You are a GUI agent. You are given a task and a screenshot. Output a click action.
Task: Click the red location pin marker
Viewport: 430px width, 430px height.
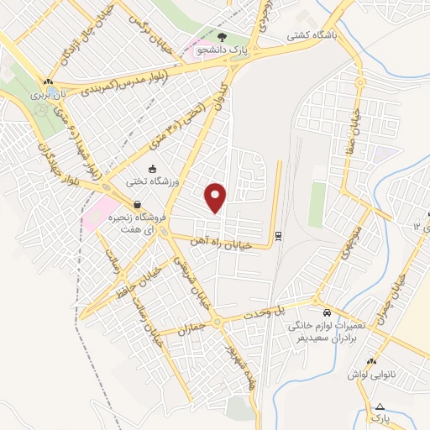tap(217, 197)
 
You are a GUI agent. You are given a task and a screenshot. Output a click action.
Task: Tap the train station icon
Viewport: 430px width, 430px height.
tap(278, 234)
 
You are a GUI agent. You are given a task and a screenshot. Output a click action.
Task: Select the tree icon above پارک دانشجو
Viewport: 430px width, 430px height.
tap(223, 37)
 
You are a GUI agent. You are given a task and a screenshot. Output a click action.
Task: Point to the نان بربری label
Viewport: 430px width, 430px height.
tap(47, 96)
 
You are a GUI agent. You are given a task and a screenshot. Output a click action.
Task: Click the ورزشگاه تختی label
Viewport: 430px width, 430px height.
tap(148, 181)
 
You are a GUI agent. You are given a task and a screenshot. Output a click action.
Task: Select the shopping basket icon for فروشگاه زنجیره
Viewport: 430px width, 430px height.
tap(136, 203)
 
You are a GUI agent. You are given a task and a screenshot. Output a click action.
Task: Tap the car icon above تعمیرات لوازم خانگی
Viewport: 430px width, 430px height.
tap(317, 302)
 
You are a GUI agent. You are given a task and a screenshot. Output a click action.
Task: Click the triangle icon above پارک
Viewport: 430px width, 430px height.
tap(380, 406)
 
